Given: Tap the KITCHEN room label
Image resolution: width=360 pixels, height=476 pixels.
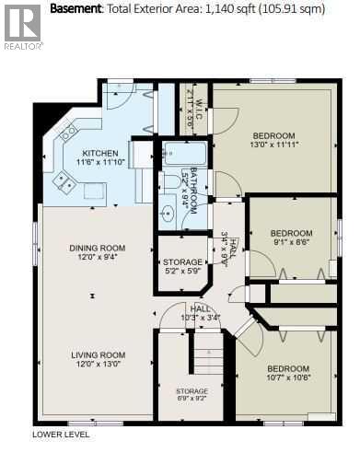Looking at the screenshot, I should click(99, 153).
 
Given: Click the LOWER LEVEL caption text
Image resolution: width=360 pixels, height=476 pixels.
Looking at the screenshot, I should click(61, 434).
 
